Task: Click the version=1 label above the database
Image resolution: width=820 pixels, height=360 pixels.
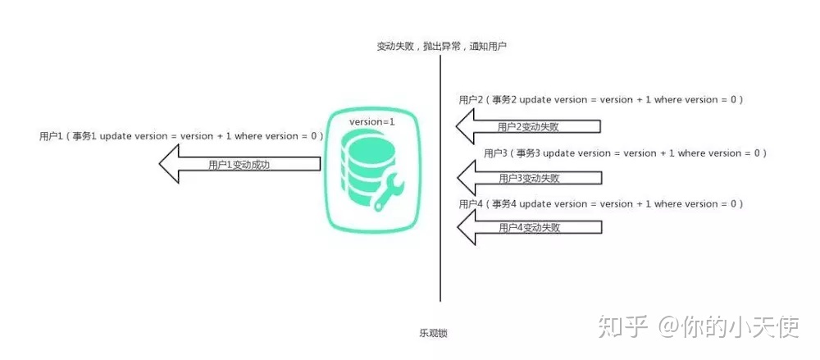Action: click(x=372, y=121)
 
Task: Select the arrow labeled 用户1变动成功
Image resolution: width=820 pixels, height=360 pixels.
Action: click(x=239, y=164)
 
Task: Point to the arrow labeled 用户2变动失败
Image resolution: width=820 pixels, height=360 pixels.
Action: click(x=529, y=126)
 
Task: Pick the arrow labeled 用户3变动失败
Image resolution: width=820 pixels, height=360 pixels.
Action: click(x=529, y=178)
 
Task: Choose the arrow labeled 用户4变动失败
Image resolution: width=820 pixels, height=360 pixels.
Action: click(x=529, y=227)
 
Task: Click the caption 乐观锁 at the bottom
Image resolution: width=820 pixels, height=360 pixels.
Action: click(x=433, y=333)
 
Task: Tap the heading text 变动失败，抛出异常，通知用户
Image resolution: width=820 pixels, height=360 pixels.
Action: click(x=441, y=46)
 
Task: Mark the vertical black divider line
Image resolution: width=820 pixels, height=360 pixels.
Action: click(x=440, y=178)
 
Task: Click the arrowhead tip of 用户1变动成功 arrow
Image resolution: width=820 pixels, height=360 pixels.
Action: click(x=160, y=164)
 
